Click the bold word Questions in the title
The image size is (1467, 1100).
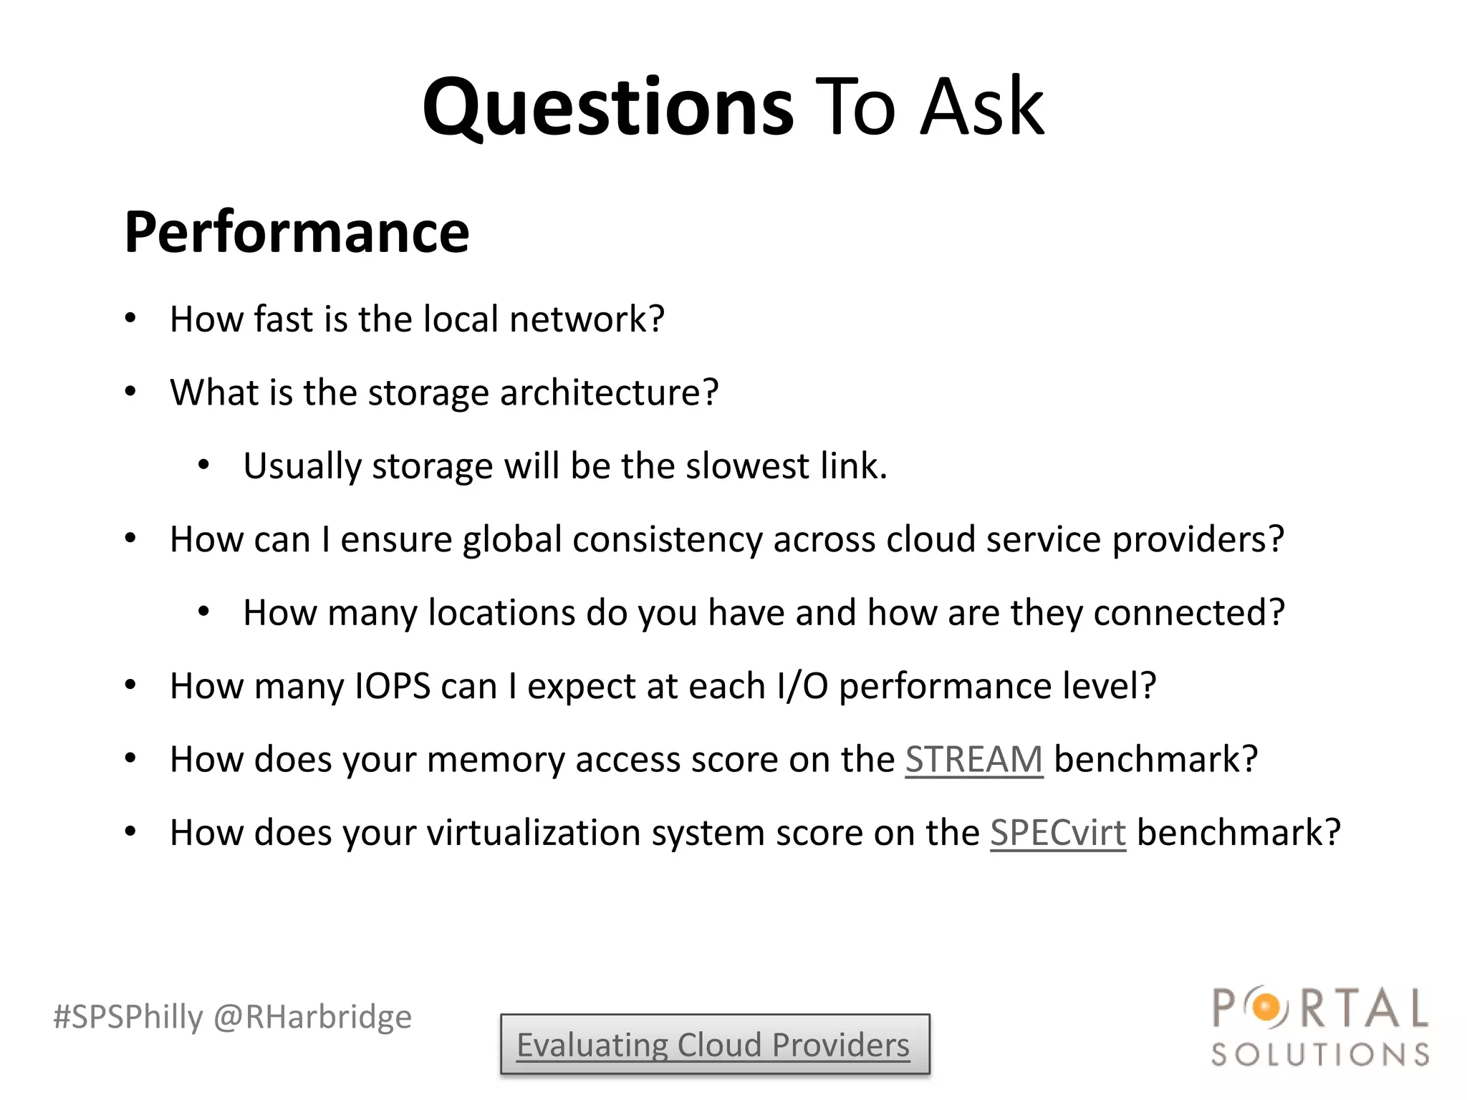pyautogui.click(x=607, y=107)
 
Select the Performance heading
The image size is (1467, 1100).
pyautogui.click(x=297, y=232)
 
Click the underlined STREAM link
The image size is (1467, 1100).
pyautogui.click(x=973, y=759)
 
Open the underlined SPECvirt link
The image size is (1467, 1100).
pyautogui.click(x=1057, y=833)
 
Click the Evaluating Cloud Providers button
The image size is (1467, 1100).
pyautogui.click(x=714, y=1045)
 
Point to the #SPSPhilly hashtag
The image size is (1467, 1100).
pyautogui.click(x=128, y=1017)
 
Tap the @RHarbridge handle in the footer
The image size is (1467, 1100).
pyautogui.click(x=313, y=1017)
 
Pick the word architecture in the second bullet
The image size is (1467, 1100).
pyautogui.click(x=608, y=392)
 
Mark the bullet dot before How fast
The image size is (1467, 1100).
pyautogui.click(x=130, y=319)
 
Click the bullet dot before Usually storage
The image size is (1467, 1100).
pyautogui.click(x=203, y=466)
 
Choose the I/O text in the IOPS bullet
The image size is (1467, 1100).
pyautogui.click(x=802, y=686)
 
